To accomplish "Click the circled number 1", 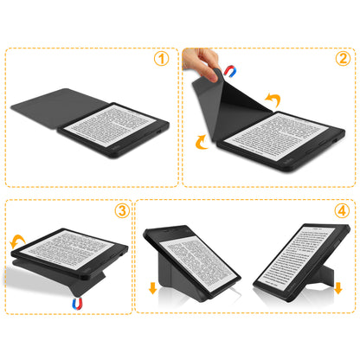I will (160, 60).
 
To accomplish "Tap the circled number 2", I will (343, 60).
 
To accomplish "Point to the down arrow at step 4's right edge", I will (338, 286).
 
